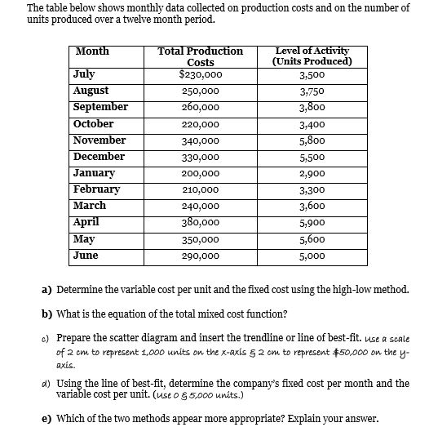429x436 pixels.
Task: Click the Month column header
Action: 91,51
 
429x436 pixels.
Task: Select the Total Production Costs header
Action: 200,56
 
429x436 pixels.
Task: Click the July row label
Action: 83,74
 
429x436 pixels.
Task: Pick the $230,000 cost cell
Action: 200,75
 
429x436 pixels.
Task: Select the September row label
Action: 100,107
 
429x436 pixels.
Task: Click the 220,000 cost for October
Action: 200,125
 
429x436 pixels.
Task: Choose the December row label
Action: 99,156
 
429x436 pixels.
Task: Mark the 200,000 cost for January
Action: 200,174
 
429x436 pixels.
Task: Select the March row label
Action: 89,206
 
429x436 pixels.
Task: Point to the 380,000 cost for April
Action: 200,223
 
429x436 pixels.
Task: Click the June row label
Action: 86,255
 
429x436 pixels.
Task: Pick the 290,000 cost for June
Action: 200,256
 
